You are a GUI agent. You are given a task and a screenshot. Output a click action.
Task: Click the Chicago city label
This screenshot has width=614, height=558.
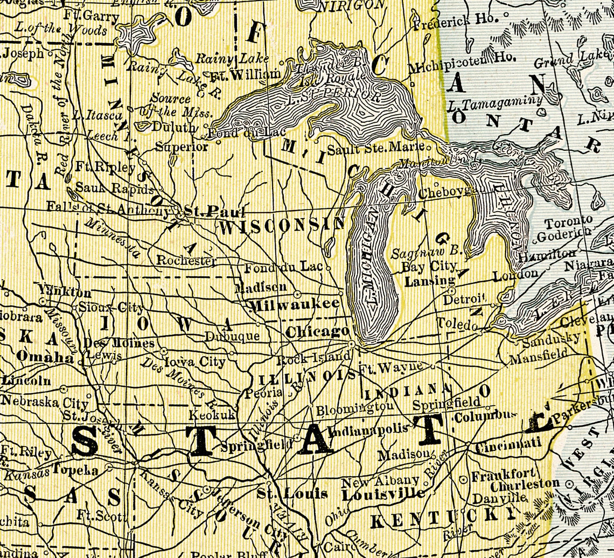click(x=317, y=332)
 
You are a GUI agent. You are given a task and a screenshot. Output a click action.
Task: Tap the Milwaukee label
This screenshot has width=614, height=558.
click(x=295, y=305)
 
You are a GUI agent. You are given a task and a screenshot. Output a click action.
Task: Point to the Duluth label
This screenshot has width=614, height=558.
click(x=173, y=128)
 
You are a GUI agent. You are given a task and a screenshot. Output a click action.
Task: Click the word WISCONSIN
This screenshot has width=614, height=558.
click(x=281, y=227)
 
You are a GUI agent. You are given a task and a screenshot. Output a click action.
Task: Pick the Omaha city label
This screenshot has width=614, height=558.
click(x=45, y=357)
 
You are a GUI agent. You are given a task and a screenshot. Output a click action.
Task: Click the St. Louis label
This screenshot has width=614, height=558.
click(x=292, y=493)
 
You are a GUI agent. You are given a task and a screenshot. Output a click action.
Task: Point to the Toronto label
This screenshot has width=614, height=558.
click(x=568, y=221)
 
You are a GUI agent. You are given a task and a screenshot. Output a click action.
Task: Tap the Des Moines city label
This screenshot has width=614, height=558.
click(x=119, y=343)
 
